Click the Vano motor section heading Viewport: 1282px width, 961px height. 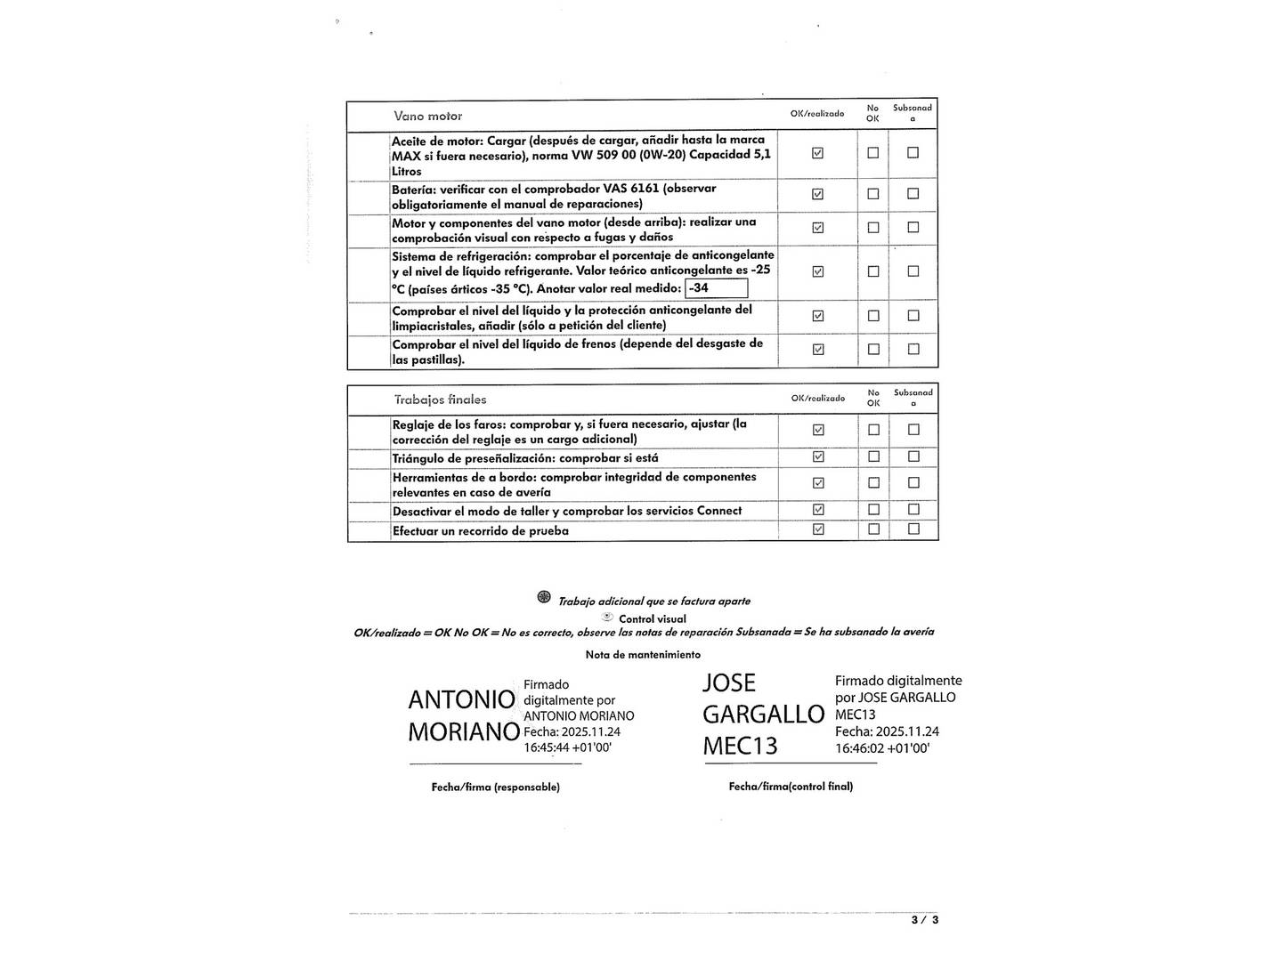point(427,117)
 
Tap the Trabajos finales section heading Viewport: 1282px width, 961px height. point(440,400)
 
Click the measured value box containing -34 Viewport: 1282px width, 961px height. point(716,288)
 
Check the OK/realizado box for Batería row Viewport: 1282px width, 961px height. point(818,194)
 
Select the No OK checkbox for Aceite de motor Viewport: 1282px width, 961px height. point(872,153)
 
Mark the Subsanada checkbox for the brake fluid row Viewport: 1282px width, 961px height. point(913,349)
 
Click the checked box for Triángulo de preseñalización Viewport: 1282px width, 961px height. point(818,456)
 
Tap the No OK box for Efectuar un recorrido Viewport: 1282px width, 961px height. point(873,529)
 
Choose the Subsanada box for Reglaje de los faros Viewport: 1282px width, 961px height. point(913,430)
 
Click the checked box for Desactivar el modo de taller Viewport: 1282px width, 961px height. point(818,510)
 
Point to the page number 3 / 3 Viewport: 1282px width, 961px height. point(924,920)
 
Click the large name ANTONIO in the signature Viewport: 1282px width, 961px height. point(461,700)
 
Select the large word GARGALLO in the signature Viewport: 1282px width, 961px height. point(763,715)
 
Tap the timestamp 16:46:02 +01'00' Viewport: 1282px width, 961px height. point(881,748)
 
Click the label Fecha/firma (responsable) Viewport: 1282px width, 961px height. point(495,787)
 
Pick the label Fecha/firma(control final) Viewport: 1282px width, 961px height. point(791,787)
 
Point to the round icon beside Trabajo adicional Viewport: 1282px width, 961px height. point(544,597)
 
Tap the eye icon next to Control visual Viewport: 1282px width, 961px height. point(608,617)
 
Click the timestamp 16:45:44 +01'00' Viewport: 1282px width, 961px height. point(567,747)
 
